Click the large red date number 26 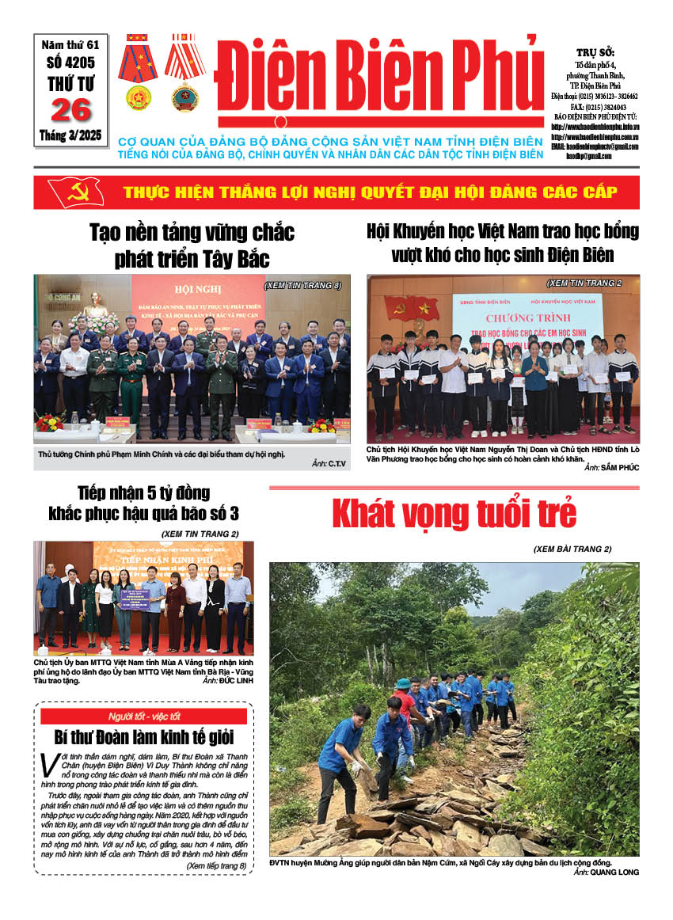pos(70,110)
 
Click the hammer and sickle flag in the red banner pos(76,192)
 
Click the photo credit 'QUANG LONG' pos(614,872)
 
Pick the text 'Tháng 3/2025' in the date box pos(70,135)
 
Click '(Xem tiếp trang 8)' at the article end pos(216,866)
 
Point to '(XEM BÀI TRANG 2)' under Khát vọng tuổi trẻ pos(572,549)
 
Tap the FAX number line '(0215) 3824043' pos(607,106)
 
